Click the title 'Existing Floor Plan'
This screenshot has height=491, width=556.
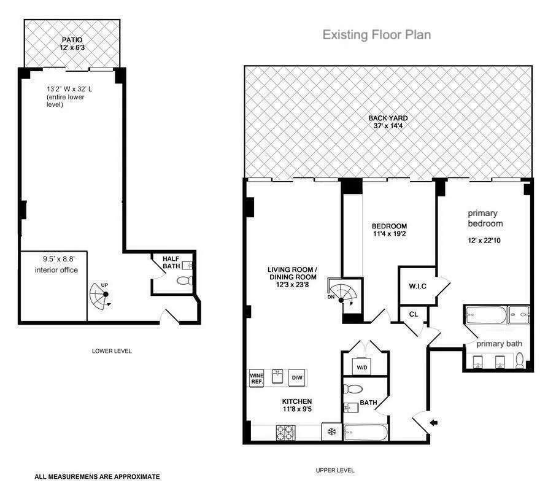377,35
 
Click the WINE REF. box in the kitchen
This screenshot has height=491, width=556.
256,378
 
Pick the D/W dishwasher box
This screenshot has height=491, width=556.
297,378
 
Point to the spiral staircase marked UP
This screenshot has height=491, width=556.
99,295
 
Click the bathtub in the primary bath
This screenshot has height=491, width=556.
485,315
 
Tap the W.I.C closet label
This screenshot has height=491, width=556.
417,286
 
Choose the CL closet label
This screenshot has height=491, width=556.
414,314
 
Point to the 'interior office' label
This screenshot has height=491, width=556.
56,269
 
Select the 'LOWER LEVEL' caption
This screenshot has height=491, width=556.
112,351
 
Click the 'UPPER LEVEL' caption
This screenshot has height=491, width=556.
335,470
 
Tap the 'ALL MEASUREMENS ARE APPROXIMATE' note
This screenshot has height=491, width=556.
97,476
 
